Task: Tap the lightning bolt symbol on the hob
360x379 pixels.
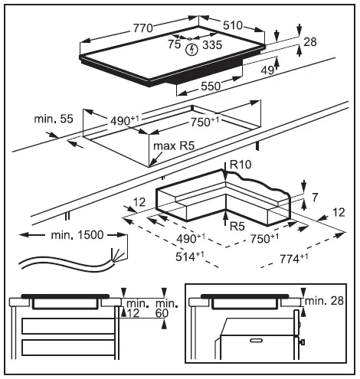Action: pyautogui.click(x=191, y=48)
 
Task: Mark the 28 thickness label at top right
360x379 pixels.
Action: pyautogui.click(x=310, y=42)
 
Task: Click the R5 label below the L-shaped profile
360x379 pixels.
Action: pyautogui.click(x=237, y=226)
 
